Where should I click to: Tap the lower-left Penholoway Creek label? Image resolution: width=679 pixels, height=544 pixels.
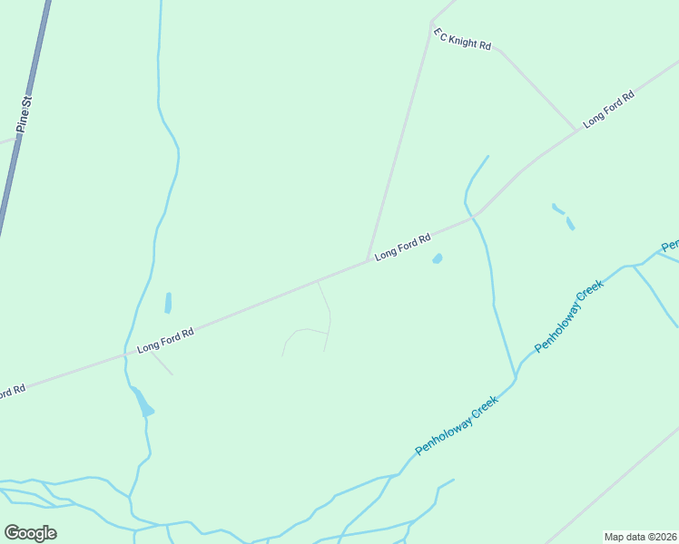457,425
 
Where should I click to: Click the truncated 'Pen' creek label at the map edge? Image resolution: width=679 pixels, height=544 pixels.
670,246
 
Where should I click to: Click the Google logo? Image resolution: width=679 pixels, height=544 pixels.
30,532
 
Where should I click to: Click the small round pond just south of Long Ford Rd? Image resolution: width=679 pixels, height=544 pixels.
438,259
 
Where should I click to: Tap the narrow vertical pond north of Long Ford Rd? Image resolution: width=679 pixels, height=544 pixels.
168,302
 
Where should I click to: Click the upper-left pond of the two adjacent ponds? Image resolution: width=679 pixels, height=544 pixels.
556,208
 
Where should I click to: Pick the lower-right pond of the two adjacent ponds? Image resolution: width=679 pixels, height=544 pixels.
570,222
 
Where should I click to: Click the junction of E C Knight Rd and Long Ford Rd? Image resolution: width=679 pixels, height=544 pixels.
576,130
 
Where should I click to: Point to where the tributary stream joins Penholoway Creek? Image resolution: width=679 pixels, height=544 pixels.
516,377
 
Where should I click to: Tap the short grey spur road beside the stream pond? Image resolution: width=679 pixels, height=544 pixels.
162,364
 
